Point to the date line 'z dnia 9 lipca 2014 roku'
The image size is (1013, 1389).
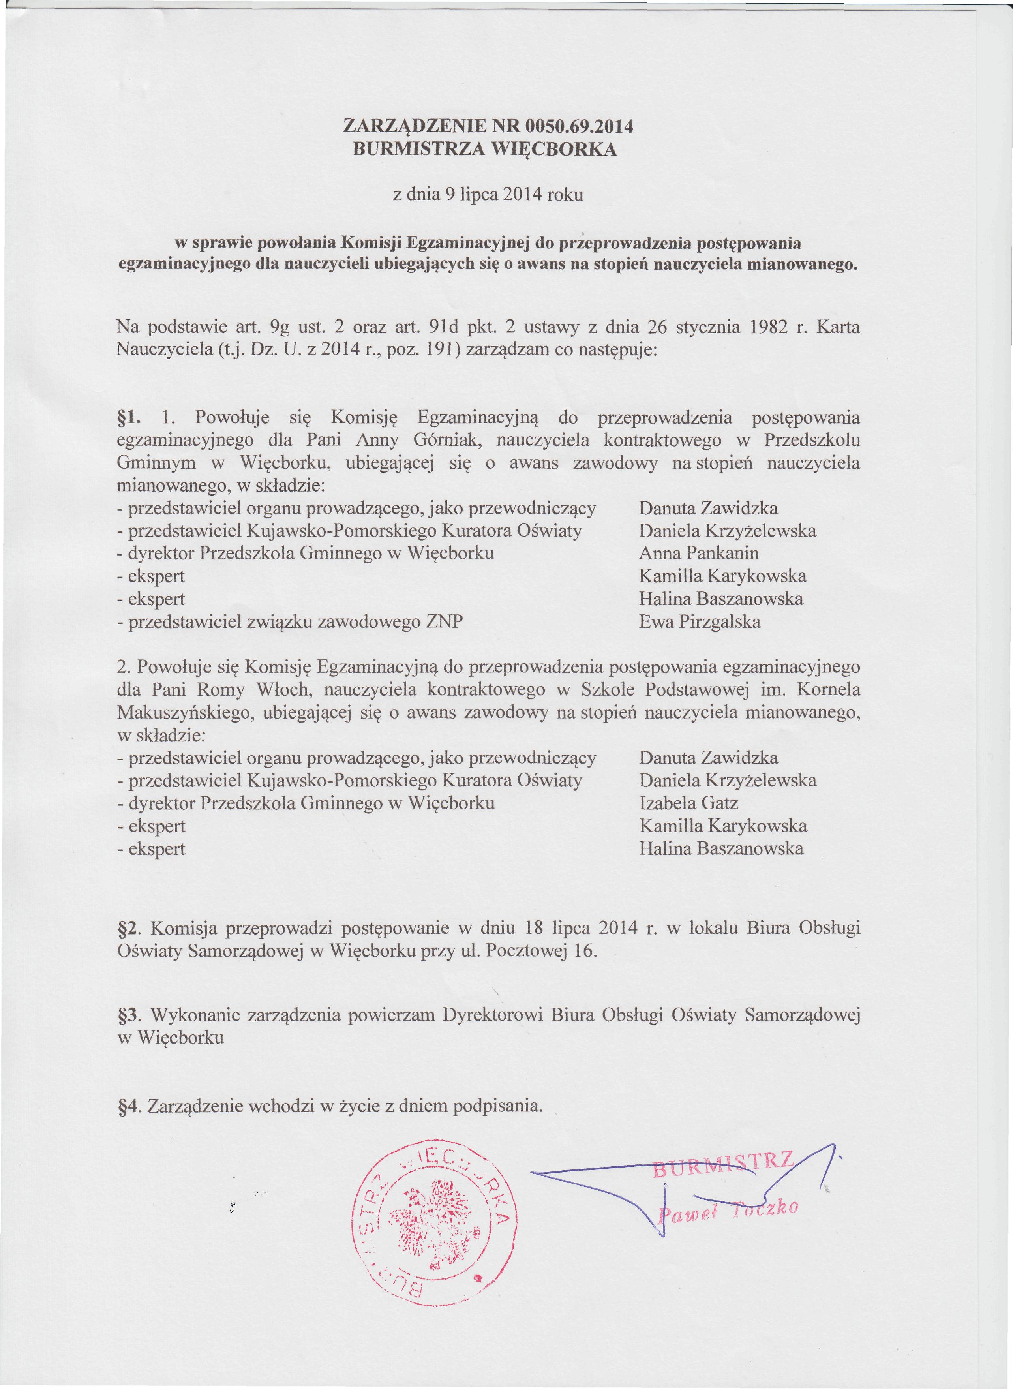[488, 195]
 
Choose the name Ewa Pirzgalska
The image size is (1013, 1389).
[700, 622]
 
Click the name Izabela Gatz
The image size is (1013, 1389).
[688, 803]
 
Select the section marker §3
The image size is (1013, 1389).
[129, 1015]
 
